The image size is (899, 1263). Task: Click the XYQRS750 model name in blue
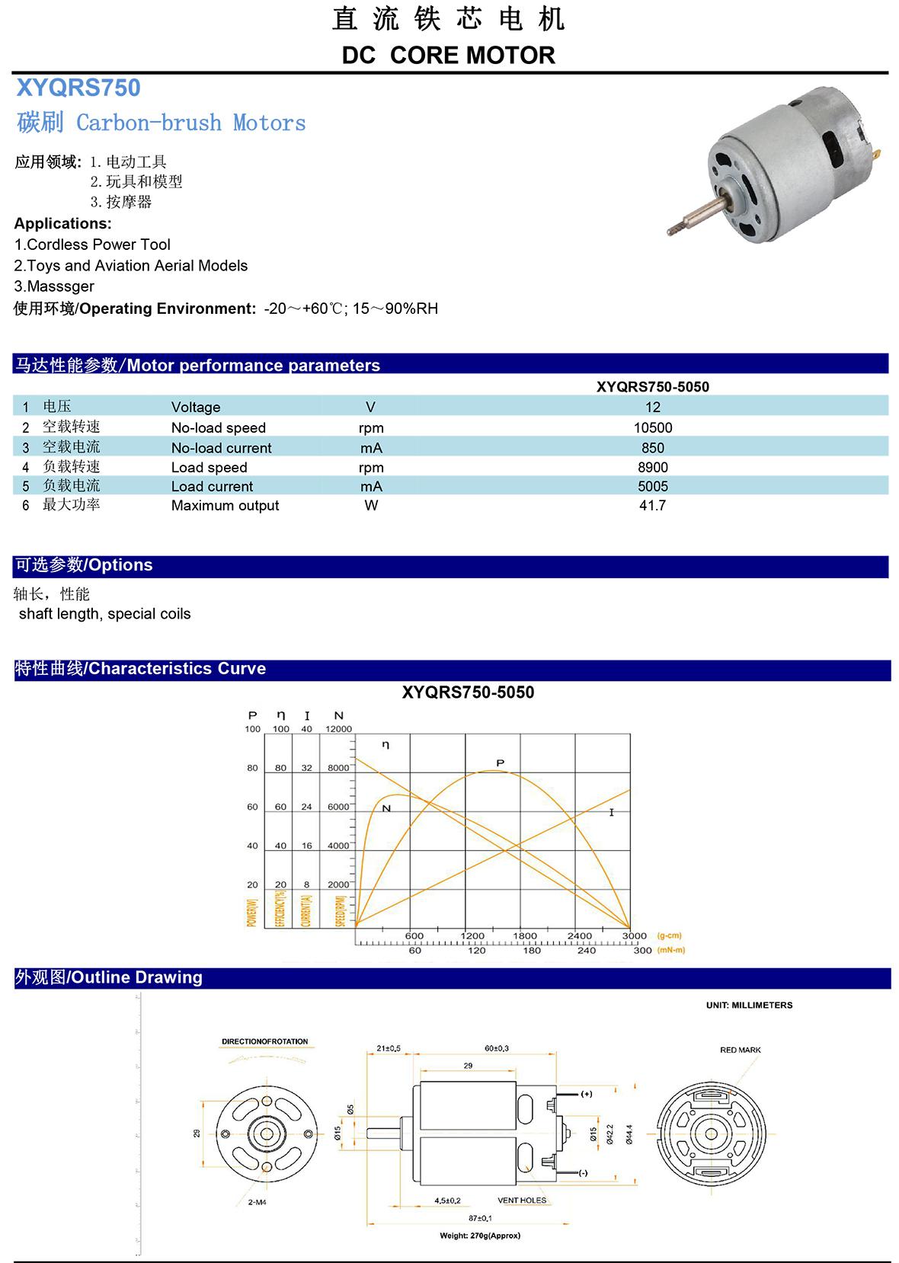click(78, 88)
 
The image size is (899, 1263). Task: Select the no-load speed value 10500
click(653, 428)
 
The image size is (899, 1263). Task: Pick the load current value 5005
click(653, 487)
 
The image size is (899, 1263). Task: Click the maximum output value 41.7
click(653, 506)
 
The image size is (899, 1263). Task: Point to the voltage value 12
click(653, 408)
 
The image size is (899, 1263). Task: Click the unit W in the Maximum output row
click(371, 506)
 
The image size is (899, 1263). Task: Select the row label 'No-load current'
click(221, 448)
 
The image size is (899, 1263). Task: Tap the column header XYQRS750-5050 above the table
click(652, 387)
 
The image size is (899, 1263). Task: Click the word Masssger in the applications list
click(59, 286)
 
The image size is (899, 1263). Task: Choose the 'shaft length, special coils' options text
click(105, 614)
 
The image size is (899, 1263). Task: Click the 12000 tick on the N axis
click(338, 729)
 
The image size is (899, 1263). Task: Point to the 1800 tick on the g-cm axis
click(525, 935)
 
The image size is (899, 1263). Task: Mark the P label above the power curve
click(500, 763)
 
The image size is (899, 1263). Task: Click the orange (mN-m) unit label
click(670, 950)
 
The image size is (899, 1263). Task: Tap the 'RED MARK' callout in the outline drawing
click(740, 1050)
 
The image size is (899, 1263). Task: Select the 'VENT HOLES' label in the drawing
click(522, 1201)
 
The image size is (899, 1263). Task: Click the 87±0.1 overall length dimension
click(480, 1218)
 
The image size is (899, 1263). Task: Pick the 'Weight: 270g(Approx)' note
click(480, 1236)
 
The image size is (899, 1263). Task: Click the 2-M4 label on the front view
click(257, 1203)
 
